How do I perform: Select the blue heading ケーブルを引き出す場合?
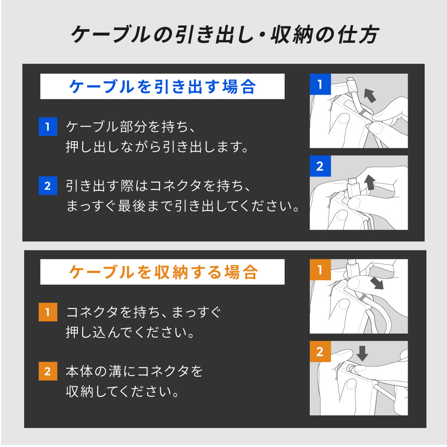point(162,86)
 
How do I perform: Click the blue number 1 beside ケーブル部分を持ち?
point(48,127)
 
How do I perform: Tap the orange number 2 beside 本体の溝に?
point(48,371)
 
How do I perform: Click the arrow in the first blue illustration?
point(370,95)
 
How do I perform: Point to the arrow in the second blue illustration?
point(370,183)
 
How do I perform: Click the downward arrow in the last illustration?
point(363,353)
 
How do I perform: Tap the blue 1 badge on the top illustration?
point(320,84)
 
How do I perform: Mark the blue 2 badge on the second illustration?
point(320,166)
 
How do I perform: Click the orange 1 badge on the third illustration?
point(320,270)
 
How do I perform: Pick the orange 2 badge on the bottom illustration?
point(320,352)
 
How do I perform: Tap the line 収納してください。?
point(122,392)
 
